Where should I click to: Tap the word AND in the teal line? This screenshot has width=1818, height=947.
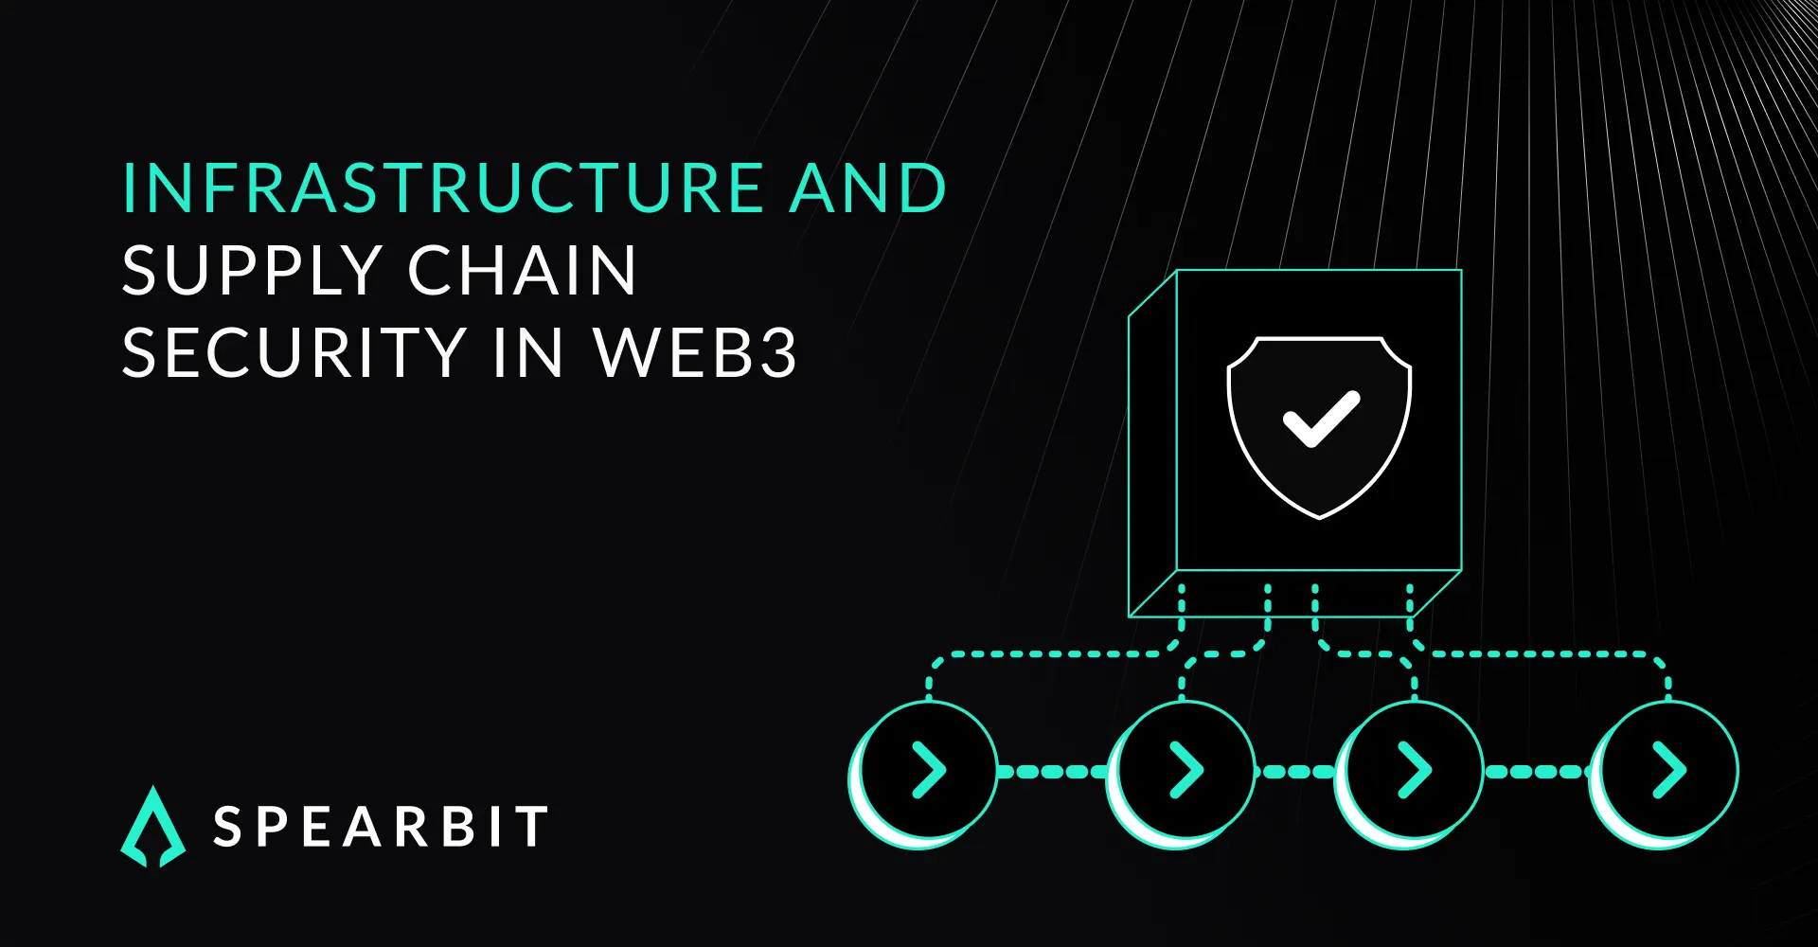867,188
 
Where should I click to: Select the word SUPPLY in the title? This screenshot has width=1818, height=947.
252,271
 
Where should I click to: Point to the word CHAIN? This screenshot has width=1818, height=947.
523,271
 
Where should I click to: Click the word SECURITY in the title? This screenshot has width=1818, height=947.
294,353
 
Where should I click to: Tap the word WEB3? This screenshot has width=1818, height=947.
696,353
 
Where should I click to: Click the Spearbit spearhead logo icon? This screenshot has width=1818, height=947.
153,827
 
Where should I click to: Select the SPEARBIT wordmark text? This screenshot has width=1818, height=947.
381,827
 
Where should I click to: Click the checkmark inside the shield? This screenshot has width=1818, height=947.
1320,419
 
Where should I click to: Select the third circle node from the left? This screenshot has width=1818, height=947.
1413,771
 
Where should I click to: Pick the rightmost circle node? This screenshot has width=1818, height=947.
1667,771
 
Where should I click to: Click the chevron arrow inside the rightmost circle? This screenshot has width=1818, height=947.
1670,771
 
